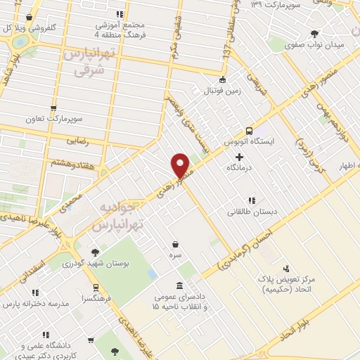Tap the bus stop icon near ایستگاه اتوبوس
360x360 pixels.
tap(249, 131)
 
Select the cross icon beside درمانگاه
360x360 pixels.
tap(240, 157)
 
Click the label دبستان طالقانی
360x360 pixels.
tap(252, 211)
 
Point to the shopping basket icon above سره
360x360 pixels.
tap(174, 244)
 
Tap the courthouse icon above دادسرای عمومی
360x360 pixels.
tap(180, 285)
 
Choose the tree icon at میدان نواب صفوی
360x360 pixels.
tap(314, 34)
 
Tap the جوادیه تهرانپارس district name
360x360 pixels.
tap(118, 217)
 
